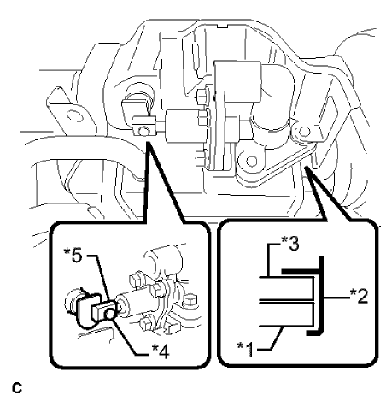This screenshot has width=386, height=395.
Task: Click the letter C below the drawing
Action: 8,386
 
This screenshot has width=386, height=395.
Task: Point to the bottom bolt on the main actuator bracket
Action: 200,156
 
